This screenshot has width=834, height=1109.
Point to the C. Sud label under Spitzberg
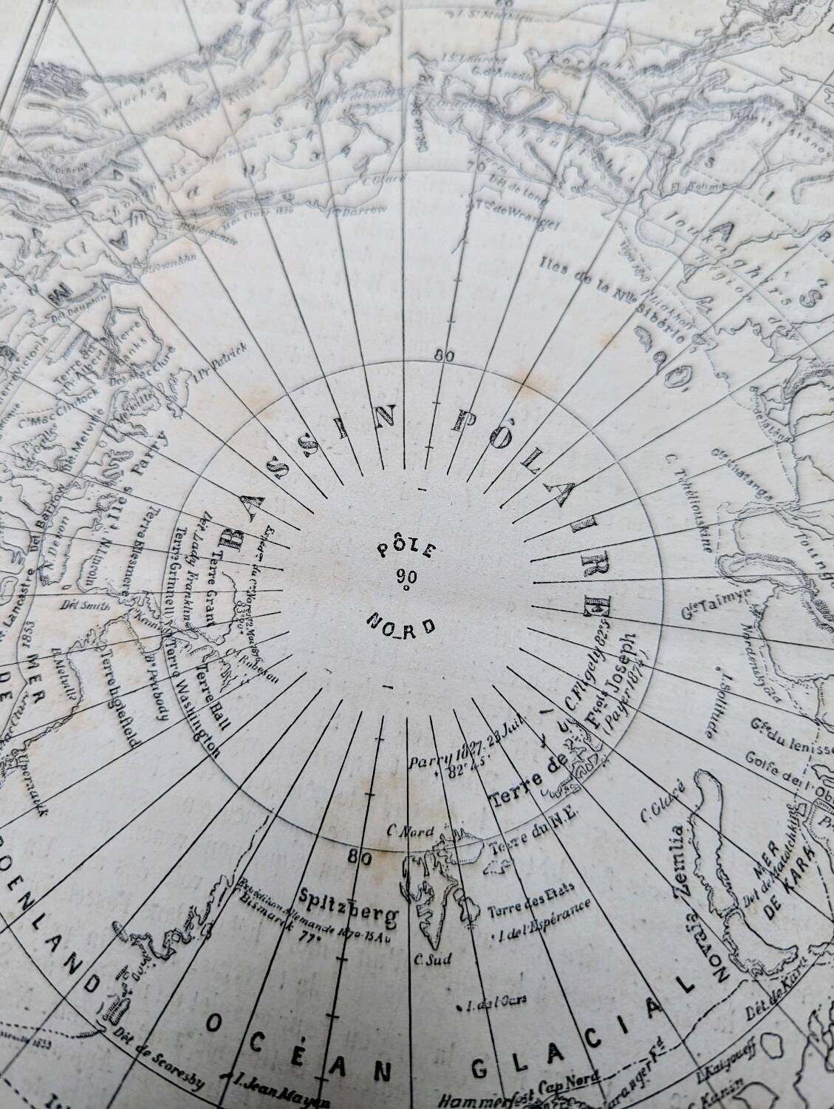click(428, 961)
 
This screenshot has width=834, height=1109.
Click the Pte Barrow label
click(366, 212)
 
